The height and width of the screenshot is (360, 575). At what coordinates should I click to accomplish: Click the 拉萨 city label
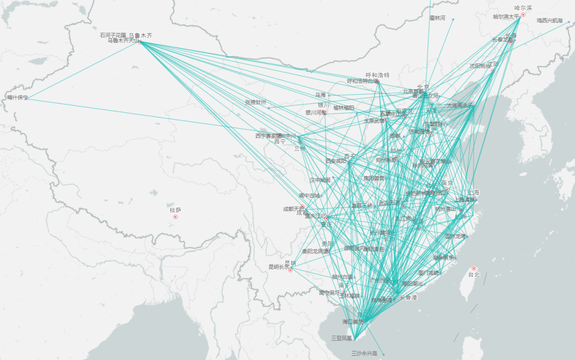176,210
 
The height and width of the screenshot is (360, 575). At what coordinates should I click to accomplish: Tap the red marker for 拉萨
175,217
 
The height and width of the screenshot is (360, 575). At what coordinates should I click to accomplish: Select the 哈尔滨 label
523,8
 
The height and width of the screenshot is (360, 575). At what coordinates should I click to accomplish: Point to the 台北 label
474,275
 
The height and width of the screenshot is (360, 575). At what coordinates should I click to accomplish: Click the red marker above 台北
474,268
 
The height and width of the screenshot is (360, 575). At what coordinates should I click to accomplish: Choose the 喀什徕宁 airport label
17,97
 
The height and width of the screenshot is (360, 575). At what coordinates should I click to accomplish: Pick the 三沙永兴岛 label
364,353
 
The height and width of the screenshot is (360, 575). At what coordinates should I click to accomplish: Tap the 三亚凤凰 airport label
341,338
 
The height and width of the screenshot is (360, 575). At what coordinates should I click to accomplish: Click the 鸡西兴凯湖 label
549,20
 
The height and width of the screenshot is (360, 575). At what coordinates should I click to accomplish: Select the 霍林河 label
437,18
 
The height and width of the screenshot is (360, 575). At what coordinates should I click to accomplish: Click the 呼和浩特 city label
377,75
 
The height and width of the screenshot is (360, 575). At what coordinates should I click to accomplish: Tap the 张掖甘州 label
255,102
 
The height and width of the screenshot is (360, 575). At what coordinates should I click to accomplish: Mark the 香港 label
411,297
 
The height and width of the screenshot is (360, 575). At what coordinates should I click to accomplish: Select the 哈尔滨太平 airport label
506,17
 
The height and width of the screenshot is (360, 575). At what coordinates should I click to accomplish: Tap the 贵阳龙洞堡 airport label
315,251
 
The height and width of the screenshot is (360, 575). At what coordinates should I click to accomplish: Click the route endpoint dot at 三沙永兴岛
383,354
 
